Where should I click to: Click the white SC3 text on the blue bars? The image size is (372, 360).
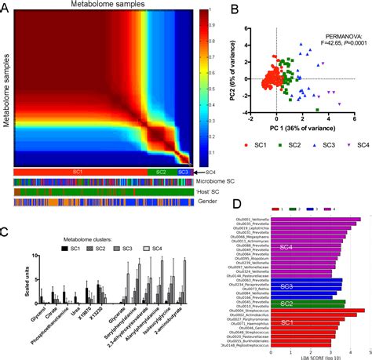286,287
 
